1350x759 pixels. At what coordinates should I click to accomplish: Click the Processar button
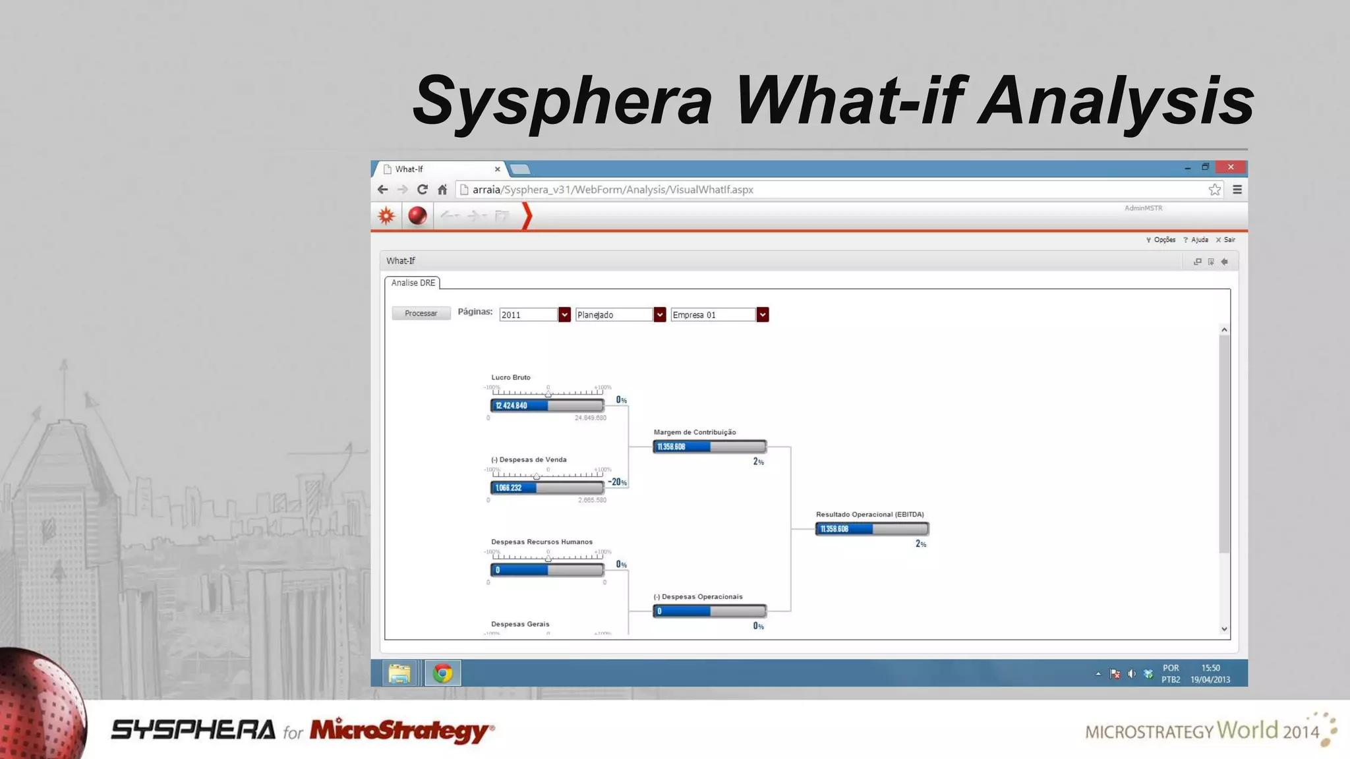[x=421, y=314]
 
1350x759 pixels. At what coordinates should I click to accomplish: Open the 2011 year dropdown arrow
[x=564, y=315]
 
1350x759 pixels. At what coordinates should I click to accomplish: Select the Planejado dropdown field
[x=614, y=315]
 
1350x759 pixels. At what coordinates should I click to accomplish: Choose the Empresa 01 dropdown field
[x=713, y=315]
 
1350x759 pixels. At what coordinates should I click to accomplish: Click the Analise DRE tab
[x=413, y=283]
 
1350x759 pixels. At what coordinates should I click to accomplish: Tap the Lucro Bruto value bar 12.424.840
[x=546, y=406]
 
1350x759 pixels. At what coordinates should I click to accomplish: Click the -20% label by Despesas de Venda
[x=617, y=482]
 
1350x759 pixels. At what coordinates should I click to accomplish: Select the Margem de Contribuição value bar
[x=709, y=447]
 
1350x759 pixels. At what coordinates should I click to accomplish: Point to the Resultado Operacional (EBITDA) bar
[x=871, y=529]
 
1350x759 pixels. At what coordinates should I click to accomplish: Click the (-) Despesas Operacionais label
[x=697, y=597]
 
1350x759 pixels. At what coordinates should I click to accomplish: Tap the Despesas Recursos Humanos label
[x=541, y=542]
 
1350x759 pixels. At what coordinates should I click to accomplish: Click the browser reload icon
[x=423, y=190]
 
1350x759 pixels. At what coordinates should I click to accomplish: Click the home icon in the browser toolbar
[x=442, y=190]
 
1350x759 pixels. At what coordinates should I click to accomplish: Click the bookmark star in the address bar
[x=1214, y=190]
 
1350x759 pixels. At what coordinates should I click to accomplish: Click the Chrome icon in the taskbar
[x=442, y=673]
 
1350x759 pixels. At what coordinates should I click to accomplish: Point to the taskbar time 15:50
[x=1210, y=668]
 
